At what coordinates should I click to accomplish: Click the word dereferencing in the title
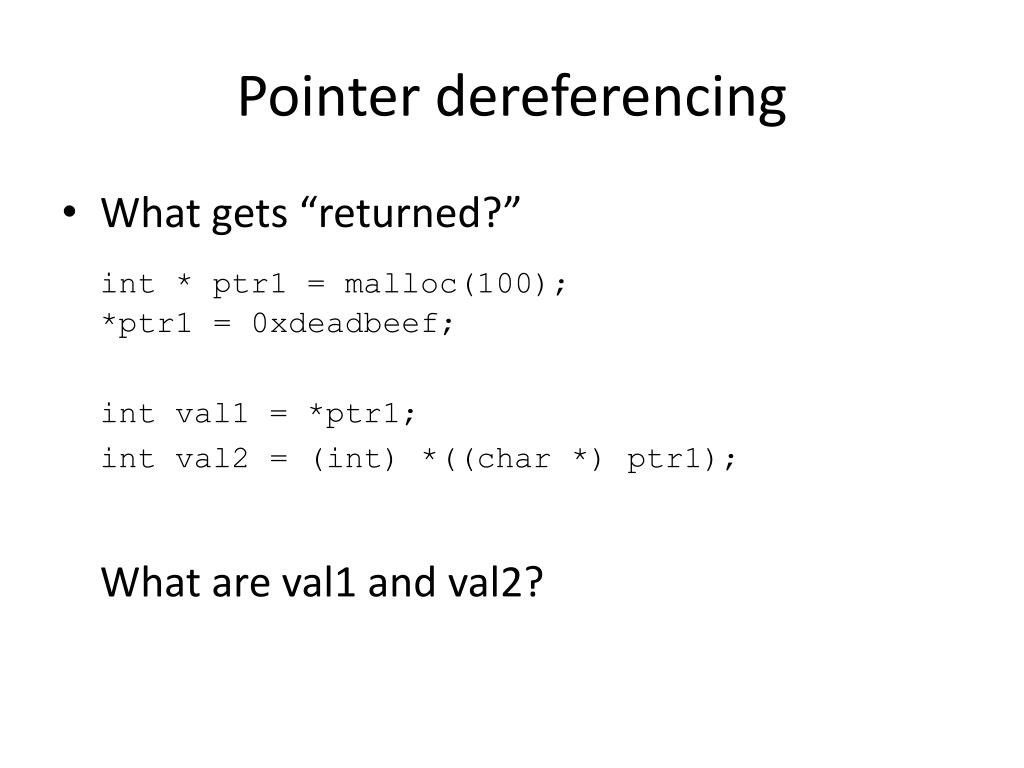point(612,98)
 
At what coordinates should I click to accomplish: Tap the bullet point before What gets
point(68,213)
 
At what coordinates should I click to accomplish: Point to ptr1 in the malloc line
point(249,284)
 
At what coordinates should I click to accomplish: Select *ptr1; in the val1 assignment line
point(361,413)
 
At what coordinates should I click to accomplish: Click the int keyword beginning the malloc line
point(129,284)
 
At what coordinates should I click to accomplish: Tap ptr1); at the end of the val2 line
point(682,458)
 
